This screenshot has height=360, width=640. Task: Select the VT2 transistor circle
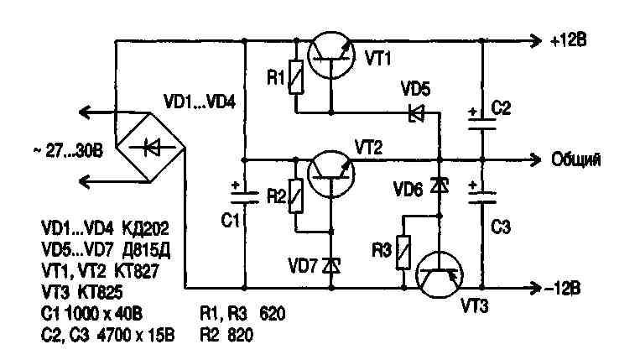point(330,172)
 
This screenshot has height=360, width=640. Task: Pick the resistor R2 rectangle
point(294,196)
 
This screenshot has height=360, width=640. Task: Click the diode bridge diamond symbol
point(151,148)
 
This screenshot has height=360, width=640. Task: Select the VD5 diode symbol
point(414,112)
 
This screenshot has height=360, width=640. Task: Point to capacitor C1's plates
point(244,199)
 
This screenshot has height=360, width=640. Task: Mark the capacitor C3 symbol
point(482,198)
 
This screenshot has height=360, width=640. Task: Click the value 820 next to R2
point(241,332)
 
